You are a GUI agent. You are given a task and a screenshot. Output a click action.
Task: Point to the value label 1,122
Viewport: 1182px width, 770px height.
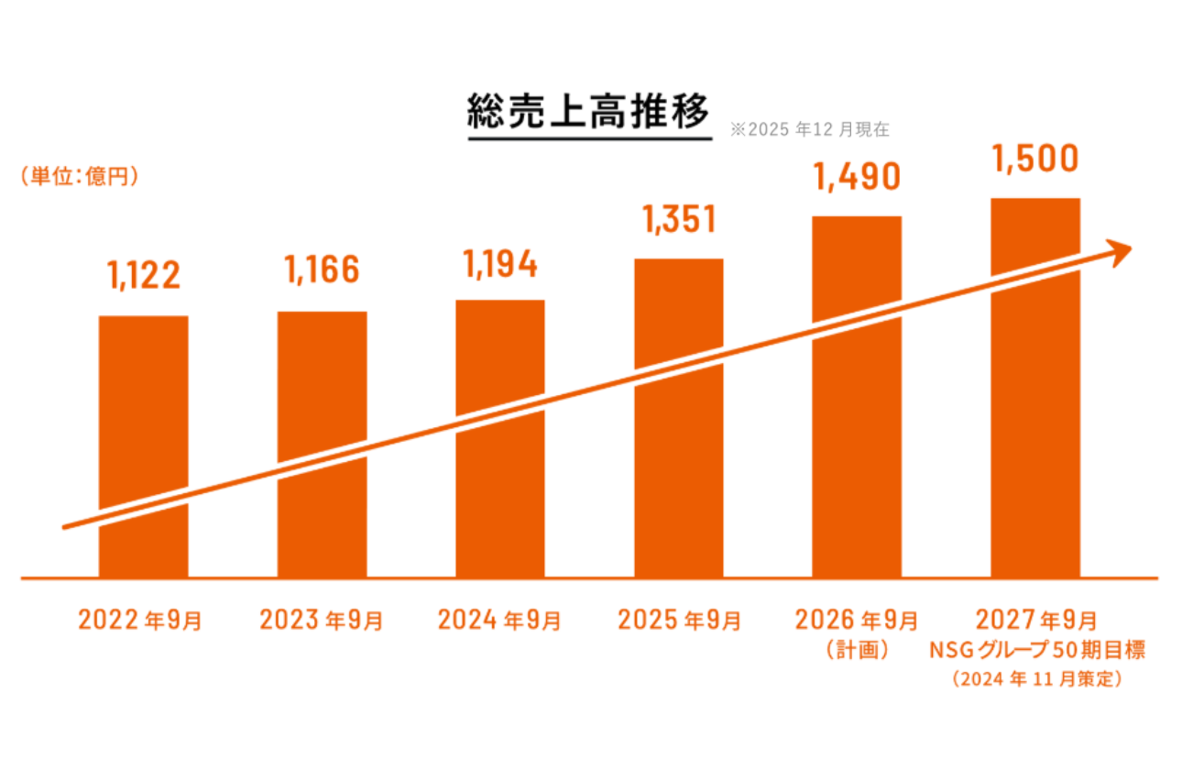144,275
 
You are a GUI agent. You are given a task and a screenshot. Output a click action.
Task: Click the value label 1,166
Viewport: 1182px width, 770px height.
322,270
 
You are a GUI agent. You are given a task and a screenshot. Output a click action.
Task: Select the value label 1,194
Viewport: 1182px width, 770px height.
500,263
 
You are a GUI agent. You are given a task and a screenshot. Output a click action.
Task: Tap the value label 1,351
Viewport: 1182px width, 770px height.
678,220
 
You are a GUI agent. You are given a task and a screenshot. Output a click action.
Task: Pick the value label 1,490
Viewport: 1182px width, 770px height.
857,177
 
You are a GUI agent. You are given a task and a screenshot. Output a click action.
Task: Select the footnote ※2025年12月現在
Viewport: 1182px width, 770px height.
809,130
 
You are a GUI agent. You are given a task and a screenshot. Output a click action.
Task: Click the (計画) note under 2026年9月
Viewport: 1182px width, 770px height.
858,650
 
